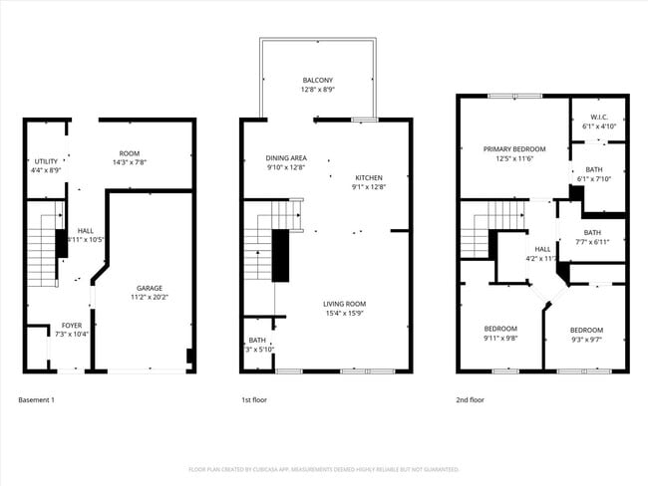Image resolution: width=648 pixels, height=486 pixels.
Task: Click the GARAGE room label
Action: [150, 288]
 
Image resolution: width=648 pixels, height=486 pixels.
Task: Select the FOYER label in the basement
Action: [72, 325]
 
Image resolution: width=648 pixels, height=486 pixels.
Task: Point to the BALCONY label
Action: [318, 81]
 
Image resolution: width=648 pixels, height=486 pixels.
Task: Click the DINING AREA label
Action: [285, 158]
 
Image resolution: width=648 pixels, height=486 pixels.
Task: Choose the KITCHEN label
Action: [368, 177]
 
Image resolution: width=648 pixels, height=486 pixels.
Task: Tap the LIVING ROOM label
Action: [344, 304]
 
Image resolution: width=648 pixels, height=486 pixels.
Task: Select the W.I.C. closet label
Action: [599, 118]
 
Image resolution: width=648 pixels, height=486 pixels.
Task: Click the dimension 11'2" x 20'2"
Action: [150, 297]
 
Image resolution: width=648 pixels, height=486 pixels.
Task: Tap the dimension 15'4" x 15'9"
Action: [344, 314]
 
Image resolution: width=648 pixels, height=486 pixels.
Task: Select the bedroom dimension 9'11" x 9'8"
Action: [500, 338]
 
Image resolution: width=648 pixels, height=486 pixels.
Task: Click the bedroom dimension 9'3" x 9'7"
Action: [586, 339]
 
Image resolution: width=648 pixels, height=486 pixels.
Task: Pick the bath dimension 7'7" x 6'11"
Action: [592, 242]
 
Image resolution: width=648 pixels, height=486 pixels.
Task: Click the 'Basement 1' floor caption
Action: [36, 399]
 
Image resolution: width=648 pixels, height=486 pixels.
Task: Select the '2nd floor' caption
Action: [470, 399]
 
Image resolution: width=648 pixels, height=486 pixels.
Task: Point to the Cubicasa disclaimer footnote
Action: [323, 468]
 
